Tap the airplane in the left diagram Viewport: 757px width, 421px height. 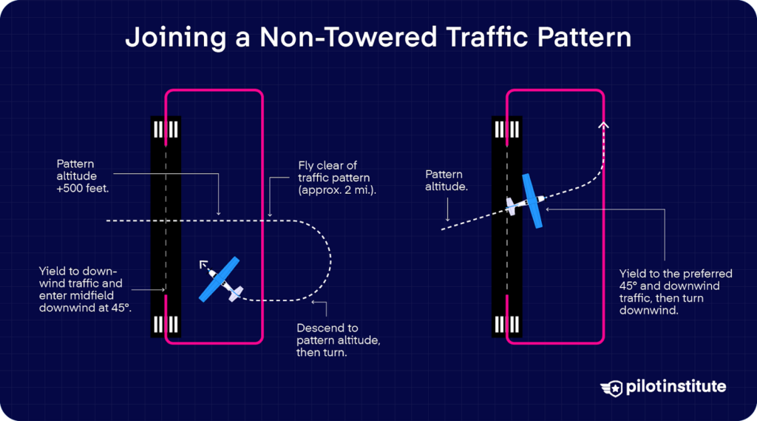pyautogui.click(x=220, y=280)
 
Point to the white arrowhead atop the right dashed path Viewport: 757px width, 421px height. pyautogui.click(x=604, y=125)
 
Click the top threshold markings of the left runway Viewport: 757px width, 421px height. pyautogui.click(x=166, y=130)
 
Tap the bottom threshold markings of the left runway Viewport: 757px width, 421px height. pyautogui.click(x=166, y=325)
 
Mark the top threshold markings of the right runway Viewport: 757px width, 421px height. pyautogui.click(x=508, y=130)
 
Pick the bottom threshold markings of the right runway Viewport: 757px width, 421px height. pyautogui.click(x=508, y=325)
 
